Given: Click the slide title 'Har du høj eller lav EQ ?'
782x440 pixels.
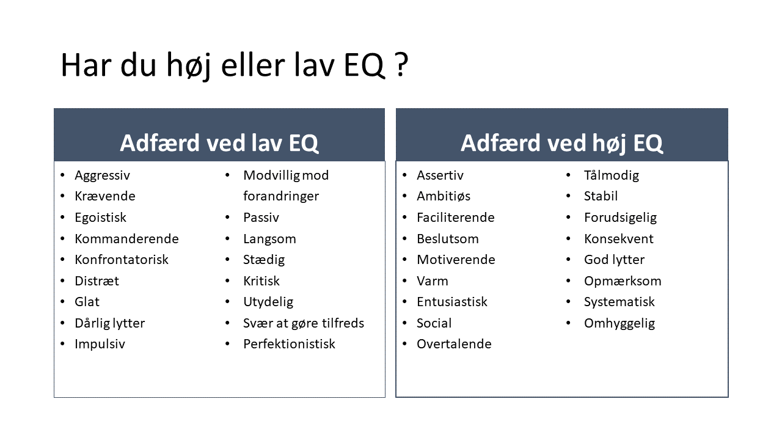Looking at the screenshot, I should pos(234,66).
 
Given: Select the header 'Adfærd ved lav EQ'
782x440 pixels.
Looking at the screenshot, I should pos(219,143).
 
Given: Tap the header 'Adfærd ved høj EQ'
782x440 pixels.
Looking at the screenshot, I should pos(561,143).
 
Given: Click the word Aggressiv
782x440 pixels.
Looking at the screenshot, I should pos(102,175).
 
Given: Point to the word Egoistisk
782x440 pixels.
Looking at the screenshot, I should pos(100,218).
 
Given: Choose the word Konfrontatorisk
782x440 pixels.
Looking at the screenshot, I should pos(121,260).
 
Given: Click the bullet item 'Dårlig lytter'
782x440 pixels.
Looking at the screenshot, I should pos(109,323).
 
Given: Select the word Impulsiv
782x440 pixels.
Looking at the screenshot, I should pos(100,344).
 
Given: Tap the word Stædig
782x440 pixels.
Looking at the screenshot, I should pos(263,260).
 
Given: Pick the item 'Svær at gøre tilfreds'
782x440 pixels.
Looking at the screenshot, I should pos(303,323).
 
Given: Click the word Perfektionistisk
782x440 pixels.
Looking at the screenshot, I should pos(289,344).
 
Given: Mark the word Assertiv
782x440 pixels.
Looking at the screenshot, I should pos(440,175).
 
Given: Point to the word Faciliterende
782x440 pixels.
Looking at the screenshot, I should pos(455,218).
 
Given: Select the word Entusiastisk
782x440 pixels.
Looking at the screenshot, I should pos(451,302).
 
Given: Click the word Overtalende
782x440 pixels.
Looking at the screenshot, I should pos(454,344).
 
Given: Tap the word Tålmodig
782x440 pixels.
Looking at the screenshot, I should pos(611,175).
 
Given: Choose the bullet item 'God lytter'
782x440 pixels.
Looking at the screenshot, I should pos(614,260).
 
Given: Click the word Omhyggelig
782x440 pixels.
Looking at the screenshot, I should pos(619,323).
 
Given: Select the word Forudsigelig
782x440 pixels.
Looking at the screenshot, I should pos(620,218).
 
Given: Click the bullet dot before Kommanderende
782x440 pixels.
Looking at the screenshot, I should pos(62,239).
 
